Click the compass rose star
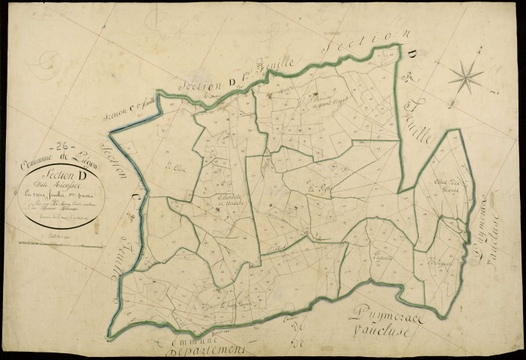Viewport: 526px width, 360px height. point(466,76)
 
